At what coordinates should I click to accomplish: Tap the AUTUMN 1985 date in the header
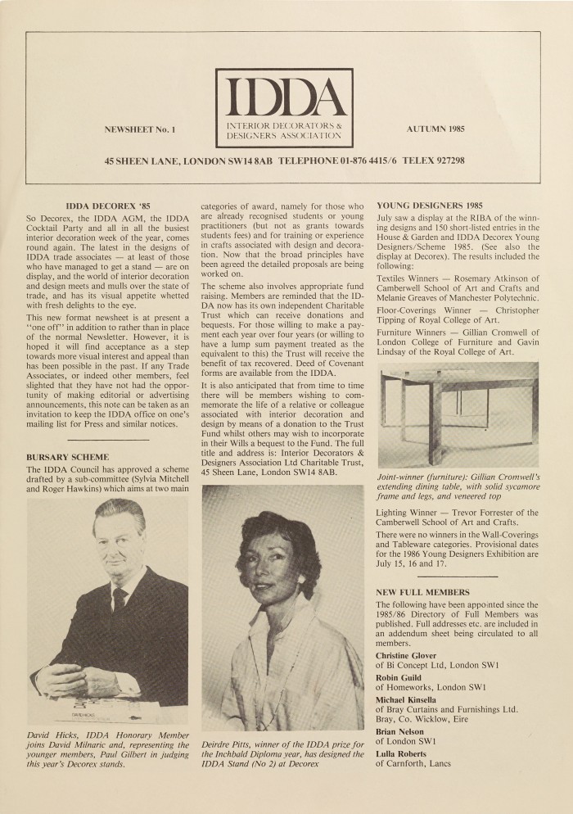[435, 129]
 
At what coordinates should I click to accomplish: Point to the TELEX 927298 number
[433, 161]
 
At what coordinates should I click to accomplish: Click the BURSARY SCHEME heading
[67, 456]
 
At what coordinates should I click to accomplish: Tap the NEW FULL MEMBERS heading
[422, 591]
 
